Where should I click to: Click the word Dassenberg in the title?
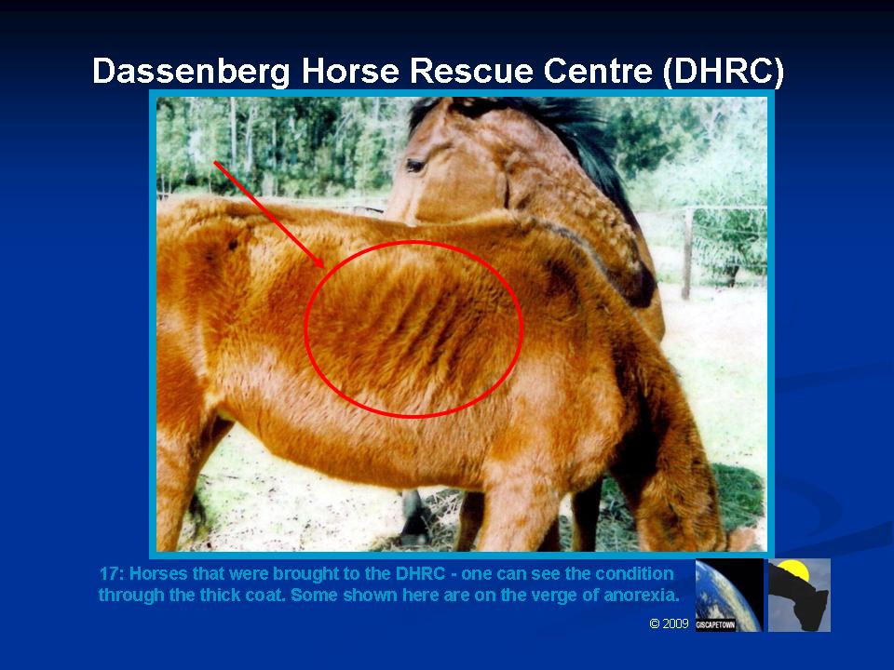pos(191,72)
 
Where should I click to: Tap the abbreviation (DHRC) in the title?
pos(724,72)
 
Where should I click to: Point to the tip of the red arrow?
pos(324,267)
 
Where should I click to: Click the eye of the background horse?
pos(414,166)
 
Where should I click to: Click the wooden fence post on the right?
pos(688,253)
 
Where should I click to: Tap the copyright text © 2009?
pos(670,623)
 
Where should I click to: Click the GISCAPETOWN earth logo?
pos(729,595)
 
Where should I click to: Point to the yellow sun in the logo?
pos(793,569)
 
